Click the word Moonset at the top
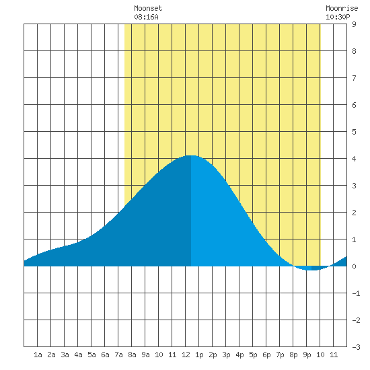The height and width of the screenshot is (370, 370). [x=148, y=8]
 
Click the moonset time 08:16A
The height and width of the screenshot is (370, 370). [x=146, y=17]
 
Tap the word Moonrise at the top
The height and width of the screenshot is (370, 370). [x=342, y=8]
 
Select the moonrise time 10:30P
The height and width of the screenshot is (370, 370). [x=338, y=17]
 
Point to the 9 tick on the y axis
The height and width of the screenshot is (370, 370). [x=354, y=24]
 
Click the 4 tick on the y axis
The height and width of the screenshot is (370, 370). [x=354, y=159]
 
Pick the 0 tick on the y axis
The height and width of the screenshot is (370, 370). [x=354, y=266]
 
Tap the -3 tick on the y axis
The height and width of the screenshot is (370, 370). [x=356, y=347]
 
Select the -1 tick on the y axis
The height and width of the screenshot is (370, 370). [x=356, y=293]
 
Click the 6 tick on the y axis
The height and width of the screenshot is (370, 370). [x=354, y=105]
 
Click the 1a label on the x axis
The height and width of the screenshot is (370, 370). [x=38, y=355]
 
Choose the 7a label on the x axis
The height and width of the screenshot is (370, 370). [x=118, y=355]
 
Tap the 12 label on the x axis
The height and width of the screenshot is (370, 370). [x=186, y=355]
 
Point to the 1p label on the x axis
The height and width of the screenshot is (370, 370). [x=199, y=355]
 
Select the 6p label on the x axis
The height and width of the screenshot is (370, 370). [x=266, y=355]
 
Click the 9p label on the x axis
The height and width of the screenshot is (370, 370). [x=307, y=355]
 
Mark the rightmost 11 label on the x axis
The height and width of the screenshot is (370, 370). [x=334, y=355]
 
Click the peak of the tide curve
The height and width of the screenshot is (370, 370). [x=191, y=155]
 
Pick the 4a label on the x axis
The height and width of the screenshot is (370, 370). [x=78, y=355]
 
